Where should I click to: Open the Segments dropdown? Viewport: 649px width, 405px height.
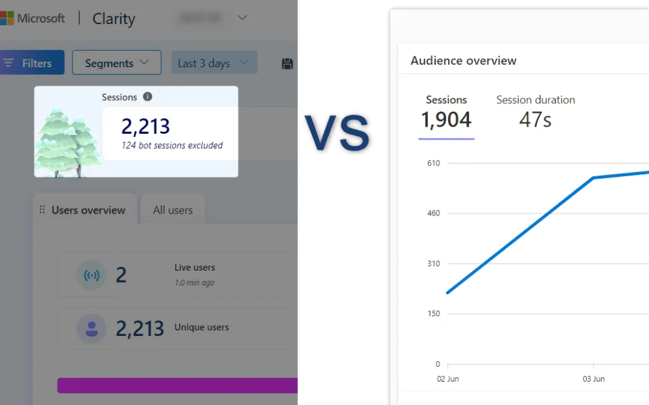pyautogui.click(x=117, y=63)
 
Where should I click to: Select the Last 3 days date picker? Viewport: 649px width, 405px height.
pyautogui.click(x=214, y=63)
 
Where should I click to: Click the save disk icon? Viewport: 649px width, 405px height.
pyautogui.click(x=287, y=63)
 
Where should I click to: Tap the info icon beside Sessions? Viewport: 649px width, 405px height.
pyautogui.click(x=148, y=97)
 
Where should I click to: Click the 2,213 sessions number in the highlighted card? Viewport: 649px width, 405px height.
pyautogui.click(x=146, y=126)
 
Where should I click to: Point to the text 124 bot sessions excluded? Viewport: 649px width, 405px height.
pyautogui.click(x=172, y=145)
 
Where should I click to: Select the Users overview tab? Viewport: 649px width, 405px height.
pyautogui.click(x=88, y=210)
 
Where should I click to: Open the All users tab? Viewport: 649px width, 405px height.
pyautogui.click(x=172, y=210)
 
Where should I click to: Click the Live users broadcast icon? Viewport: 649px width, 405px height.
pyautogui.click(x=91, y=276)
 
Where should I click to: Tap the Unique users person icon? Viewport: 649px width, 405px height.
pyautogui.click(x=91, y=328)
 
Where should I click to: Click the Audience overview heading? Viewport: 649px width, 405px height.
pyautogui.click(x=463, y=61)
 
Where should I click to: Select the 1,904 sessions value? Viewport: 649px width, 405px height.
pyautogui.click(x=446, y=119)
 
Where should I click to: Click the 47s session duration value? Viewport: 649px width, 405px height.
pyautogui.click(x=535, y=119)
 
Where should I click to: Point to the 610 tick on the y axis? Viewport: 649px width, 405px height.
pyautogui.click(x=434, y=163)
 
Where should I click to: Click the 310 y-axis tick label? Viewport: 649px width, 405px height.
pyautogui.click(x=434, y=263)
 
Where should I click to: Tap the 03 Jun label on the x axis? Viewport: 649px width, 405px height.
pyautogui.click(x=593, y=379)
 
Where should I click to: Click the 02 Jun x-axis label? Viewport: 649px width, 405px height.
pyautogui.click(x=448, y=379)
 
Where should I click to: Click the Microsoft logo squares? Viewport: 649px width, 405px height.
pyautogui.click(x=7, y=18)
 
